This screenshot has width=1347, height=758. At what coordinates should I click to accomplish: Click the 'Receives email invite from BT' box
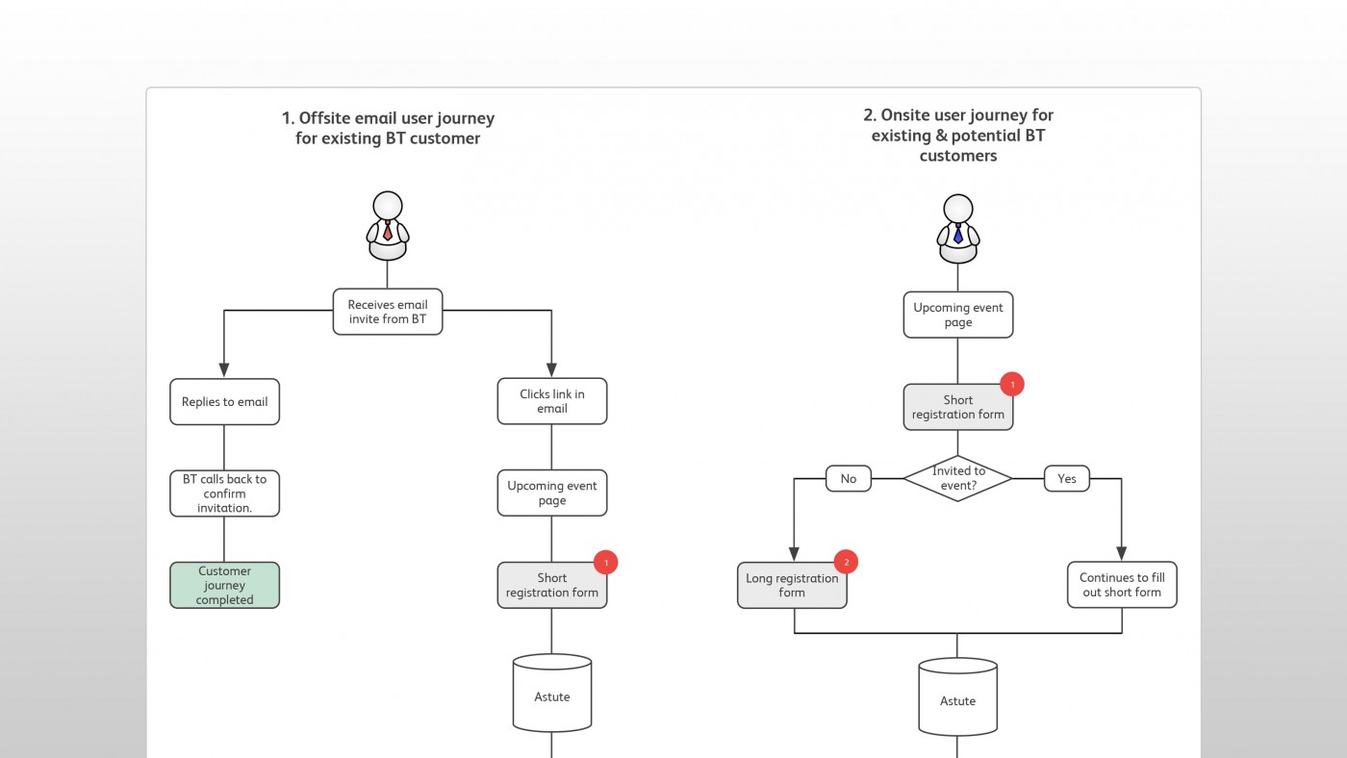[x=388, y=312]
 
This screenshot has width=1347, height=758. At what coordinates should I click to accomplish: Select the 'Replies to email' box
[x=224, y=401]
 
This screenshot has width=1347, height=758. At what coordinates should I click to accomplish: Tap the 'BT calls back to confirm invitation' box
[x=224, y=493]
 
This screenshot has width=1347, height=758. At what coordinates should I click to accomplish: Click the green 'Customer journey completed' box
[x=224, y=585]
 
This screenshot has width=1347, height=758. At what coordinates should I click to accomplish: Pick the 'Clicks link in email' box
[x=552, y=401]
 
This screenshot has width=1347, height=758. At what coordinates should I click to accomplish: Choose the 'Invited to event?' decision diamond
[x=958, y=478]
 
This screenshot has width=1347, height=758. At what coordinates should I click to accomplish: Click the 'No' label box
[x=849, y=478]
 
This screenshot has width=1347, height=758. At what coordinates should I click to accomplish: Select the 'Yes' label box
[x=1067, y=478]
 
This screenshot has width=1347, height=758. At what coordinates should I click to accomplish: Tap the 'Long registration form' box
[x=792, y=586]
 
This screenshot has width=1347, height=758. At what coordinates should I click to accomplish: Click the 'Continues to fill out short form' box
[x=1122, y=585]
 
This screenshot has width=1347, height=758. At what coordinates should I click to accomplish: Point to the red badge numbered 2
[x=846, y=562]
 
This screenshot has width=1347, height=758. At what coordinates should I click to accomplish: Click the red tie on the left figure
[x=388, y=231]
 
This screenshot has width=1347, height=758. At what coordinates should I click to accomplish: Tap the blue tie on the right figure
[x=958, y=233]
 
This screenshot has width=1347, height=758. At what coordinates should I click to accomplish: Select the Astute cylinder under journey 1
[x=552, y=694]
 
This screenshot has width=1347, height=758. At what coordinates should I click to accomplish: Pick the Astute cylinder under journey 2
[x=958, y=696]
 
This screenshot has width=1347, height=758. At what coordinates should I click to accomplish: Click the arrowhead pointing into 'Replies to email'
[x=224, y=369]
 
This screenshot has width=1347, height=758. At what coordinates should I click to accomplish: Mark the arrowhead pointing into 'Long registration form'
[x=794, y=554]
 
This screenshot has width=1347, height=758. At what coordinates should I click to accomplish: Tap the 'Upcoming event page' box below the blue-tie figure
[x=958, y=315]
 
